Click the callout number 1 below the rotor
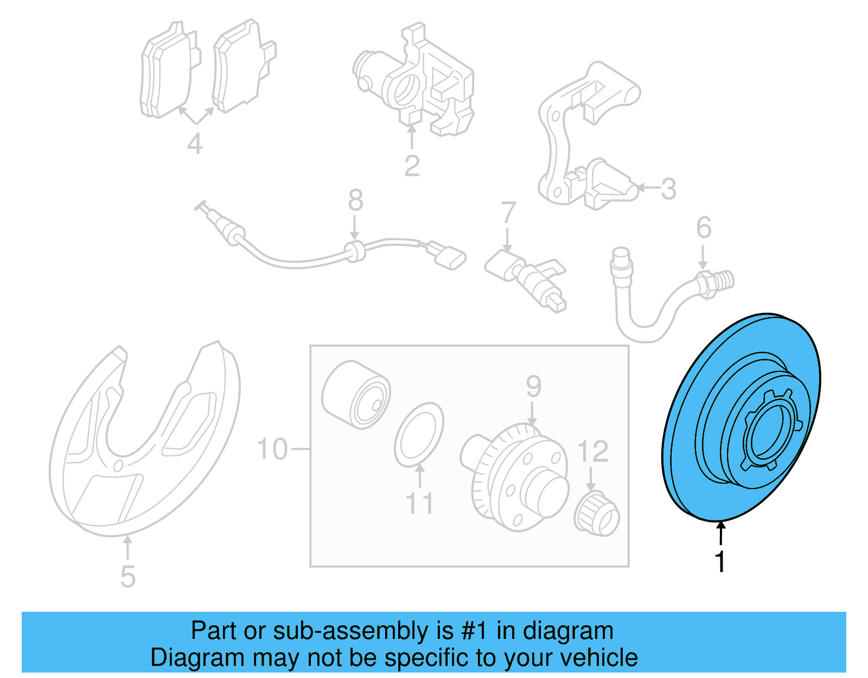click(720, 562)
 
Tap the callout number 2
click(412, 166)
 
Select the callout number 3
click(669, 189)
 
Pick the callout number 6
click(704, 227)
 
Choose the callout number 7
click(508, 212)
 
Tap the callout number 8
click(355, 200)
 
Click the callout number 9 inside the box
click(534, 386)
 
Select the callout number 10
click(272, 449)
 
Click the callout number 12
click(593, 452)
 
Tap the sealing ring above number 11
click(419, 435)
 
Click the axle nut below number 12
click(597, 514)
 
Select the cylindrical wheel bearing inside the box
click(356, 395)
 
